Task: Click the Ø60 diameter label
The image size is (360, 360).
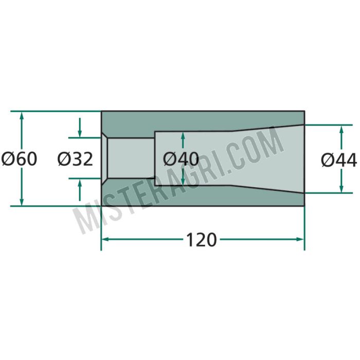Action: [x=19, y=159]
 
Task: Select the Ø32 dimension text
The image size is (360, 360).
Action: [x=75, y=159]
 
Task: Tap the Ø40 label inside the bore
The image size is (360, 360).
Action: [x=181, y=159]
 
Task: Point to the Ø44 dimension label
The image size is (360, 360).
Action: [x=339, y=160]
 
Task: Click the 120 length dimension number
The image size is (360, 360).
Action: [x=201, y=240]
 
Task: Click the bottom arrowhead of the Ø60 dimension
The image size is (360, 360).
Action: [x=22, y=202]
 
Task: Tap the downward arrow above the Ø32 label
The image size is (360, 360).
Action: [x=80, y=128]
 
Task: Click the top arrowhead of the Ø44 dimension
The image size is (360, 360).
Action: [x=341, y=130]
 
